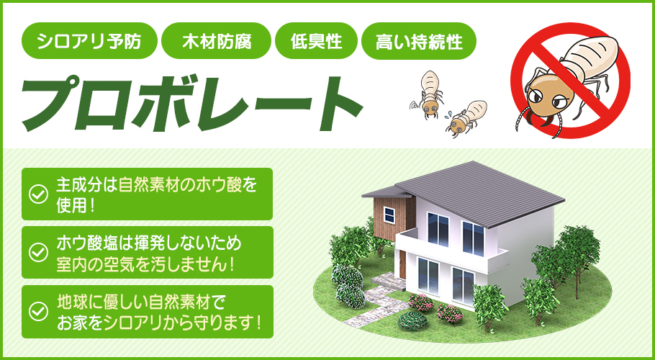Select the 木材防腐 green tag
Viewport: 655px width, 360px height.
[x=217, y=41]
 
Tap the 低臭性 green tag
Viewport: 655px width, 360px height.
[x=316, y=41]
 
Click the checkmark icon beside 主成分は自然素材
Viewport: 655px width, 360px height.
[x=37, y=194]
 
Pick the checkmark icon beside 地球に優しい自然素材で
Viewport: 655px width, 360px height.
[x=37, y=311]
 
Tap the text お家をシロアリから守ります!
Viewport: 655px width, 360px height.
[x=158, y=322]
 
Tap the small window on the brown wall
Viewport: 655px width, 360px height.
[x=389, y=214]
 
